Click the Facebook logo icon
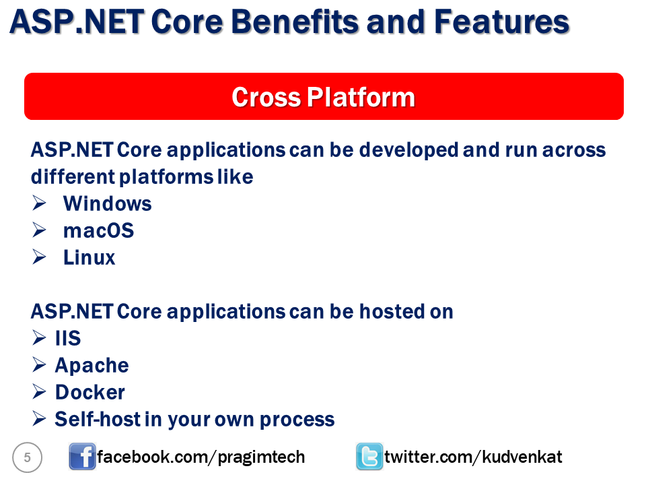click(x=82, y=457)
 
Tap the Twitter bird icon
click(x=369, y=457)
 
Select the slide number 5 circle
click(x=27, y=457)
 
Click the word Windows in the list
click(x=108, y=203)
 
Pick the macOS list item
click(x=98, y=230)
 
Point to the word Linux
click(x=89, y=258)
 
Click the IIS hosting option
click(x=68, y=338)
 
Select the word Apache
click(x=92, y=366)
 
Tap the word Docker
click(x=89, y=392)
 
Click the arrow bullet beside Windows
click(x=39, y=203)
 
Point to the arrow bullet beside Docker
click(x=39, y=392)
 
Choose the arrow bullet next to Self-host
click(x=39, y=418)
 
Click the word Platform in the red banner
click(x=361, y=97)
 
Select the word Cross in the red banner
click(x=266, y=97)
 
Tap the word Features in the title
click(x=502, y=22)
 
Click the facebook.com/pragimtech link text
click(x=201, y=457)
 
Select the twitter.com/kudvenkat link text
click(x=473, y=457)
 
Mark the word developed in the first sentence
click(x=408, y=150)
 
